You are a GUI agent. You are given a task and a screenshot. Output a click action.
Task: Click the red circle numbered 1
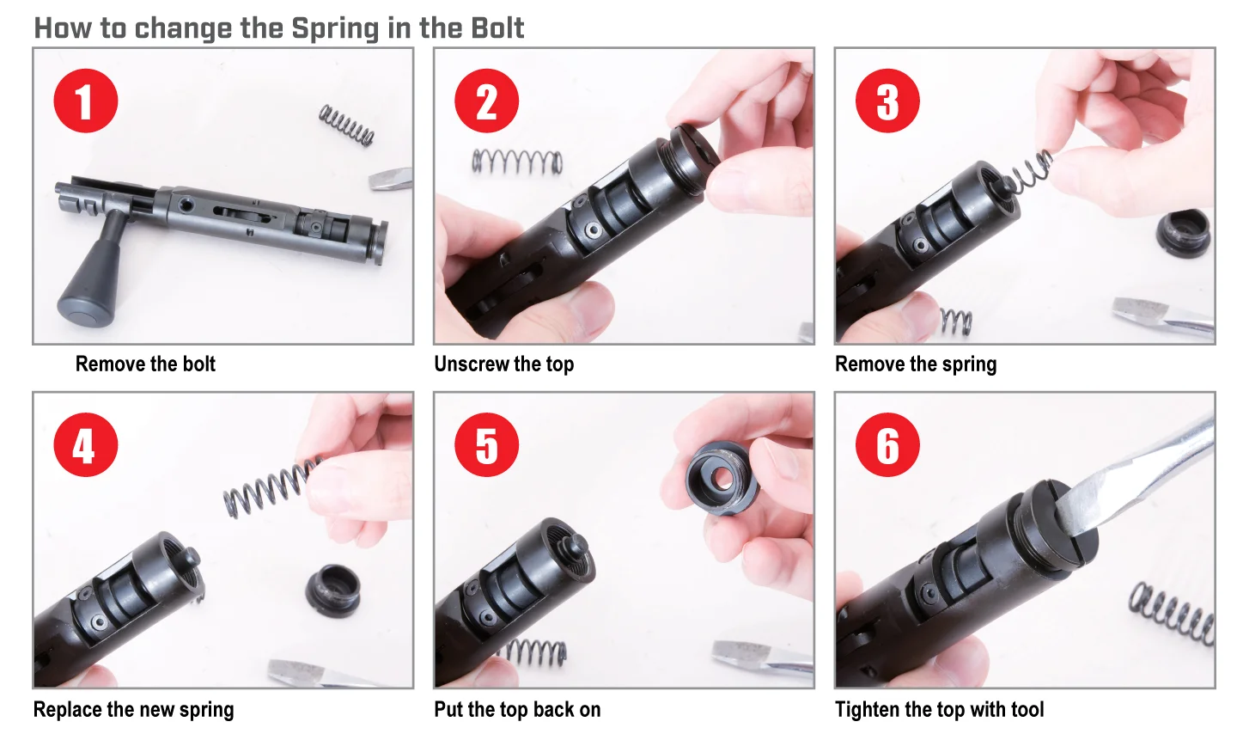pyautogui.click(x=86, y=101)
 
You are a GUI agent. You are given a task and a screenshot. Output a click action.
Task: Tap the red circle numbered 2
pyautogui.click(x=486, y=101)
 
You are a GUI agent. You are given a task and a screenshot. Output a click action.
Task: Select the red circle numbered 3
pyautogui.click(x=887, y=101)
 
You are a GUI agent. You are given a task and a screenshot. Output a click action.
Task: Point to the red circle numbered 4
pyautogui.click(x=86, y=445)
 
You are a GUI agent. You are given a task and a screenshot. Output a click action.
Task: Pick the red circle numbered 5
pyautogui.click(x=486, y=445)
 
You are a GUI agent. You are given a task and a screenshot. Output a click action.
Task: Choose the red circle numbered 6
pyautogui.click(x=887, y=445)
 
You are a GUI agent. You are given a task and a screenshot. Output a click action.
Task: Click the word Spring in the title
pyautogui.click(x=335, y=28)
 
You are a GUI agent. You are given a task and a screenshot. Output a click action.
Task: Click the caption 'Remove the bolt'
pyautogui.click(x=145, y=364)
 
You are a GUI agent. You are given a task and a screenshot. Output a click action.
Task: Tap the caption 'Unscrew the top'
pyautogui.click(x=503, y=364)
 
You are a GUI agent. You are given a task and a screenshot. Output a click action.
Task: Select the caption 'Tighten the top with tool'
pyautogui.click(x=940, y=709)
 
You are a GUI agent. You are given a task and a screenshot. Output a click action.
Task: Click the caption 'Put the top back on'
pyautogui.click(x=517, y=709)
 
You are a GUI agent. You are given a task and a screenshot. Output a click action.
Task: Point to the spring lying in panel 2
pyautogui.click(x=517, y=162)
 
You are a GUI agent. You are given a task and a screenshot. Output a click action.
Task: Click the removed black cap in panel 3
pyautogui.click(x=1183, y=233)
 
